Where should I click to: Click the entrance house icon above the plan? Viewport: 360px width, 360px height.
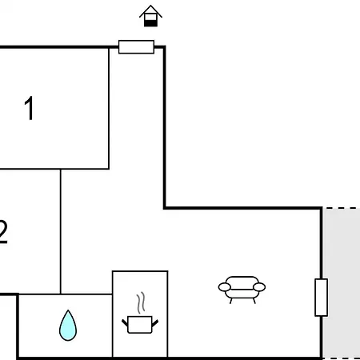(x=150, y=16)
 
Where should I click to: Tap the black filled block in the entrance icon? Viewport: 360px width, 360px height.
(x=150, y=23)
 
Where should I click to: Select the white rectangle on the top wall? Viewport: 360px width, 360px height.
(x=136, y=47)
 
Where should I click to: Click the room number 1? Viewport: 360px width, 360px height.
(x=29, y=108)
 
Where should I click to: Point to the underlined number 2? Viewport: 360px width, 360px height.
(x=3, y=232)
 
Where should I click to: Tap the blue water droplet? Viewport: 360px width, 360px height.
(x=68, y=326)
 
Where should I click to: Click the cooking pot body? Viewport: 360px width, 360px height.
(x=140, y=325)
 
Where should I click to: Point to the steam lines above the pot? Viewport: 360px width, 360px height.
(x=141, y=302)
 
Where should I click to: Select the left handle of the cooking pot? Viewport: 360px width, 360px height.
(x=125, y=322)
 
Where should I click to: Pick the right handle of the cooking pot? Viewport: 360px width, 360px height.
(x=155, y=322)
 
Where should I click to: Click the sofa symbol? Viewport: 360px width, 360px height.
(x=242, y=290)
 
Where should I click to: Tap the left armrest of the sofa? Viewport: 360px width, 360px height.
(x=225, y=287)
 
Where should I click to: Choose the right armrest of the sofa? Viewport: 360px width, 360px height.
(x=259, y=287)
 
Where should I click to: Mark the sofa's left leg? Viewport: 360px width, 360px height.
(x=231, y=301)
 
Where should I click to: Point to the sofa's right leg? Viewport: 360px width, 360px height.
(x=254, y=301)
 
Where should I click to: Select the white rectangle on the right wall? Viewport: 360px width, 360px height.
(x=322, y=298)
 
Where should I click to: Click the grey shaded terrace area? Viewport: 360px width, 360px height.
(x=342, y=283)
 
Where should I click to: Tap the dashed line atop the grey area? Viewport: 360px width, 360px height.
(x=342, y=208)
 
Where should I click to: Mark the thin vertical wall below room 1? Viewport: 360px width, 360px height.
(x=61, y=231)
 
